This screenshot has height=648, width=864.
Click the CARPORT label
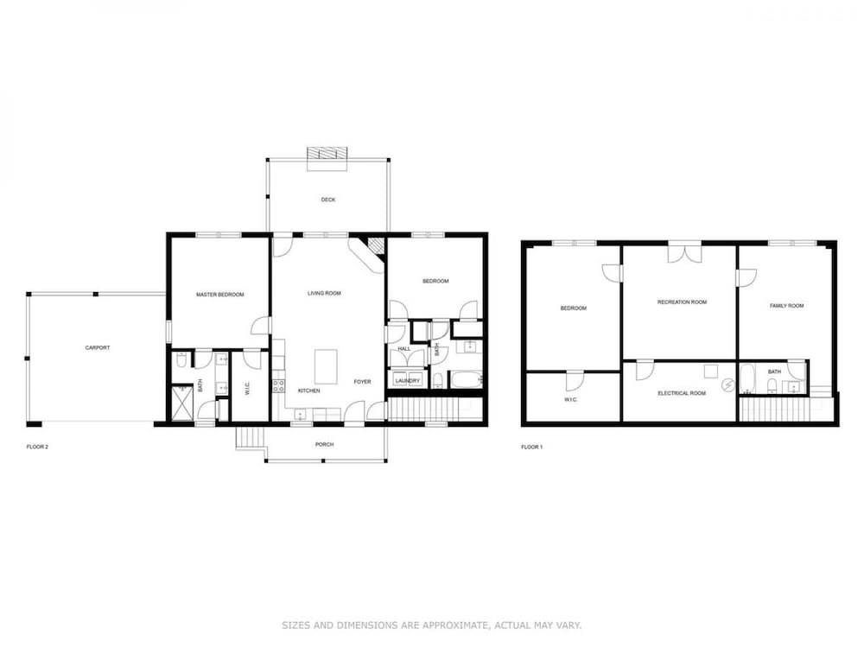pyautogui.click(x=98, y=347)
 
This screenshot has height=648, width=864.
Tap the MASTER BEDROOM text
pyautogui.click(x=219, y=295)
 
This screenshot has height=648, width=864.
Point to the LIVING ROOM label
pyautogui.click(x=324, y=294)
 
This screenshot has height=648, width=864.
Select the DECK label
pyautogui.click(x=327, y=200)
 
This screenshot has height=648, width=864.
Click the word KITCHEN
pyautogui.click(x=308, y=391)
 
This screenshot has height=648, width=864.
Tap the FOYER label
pyautogui.click(x=362, y=382)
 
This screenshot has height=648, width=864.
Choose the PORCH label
pyautogui.click(x=324, y=445)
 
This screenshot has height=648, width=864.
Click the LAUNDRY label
pyautogui.click(x=407, y=381)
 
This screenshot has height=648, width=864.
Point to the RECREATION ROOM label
pyautogui.click(x=682, y=302)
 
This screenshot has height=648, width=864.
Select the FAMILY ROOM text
pyautogui.click(x=786, y=306)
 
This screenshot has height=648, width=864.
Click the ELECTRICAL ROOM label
pyautogui.click(x=682, y=393)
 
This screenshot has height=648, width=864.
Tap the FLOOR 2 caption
pyautogui.click(x=37, y=447)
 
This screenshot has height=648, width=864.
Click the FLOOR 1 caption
pyautogui.click(x=531, y=447)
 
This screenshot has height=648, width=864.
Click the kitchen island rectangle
pyautogui.click(x=326, y=366)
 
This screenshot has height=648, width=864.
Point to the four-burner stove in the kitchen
pyautogui.click(x=279, y=385)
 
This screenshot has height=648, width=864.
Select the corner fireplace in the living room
pyautogui.click(x=372, y=251)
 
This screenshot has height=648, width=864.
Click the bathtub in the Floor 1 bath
pyautogui.click(x=746, y=379)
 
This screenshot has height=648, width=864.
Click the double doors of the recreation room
pyautogui.click(x=685, y=253)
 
